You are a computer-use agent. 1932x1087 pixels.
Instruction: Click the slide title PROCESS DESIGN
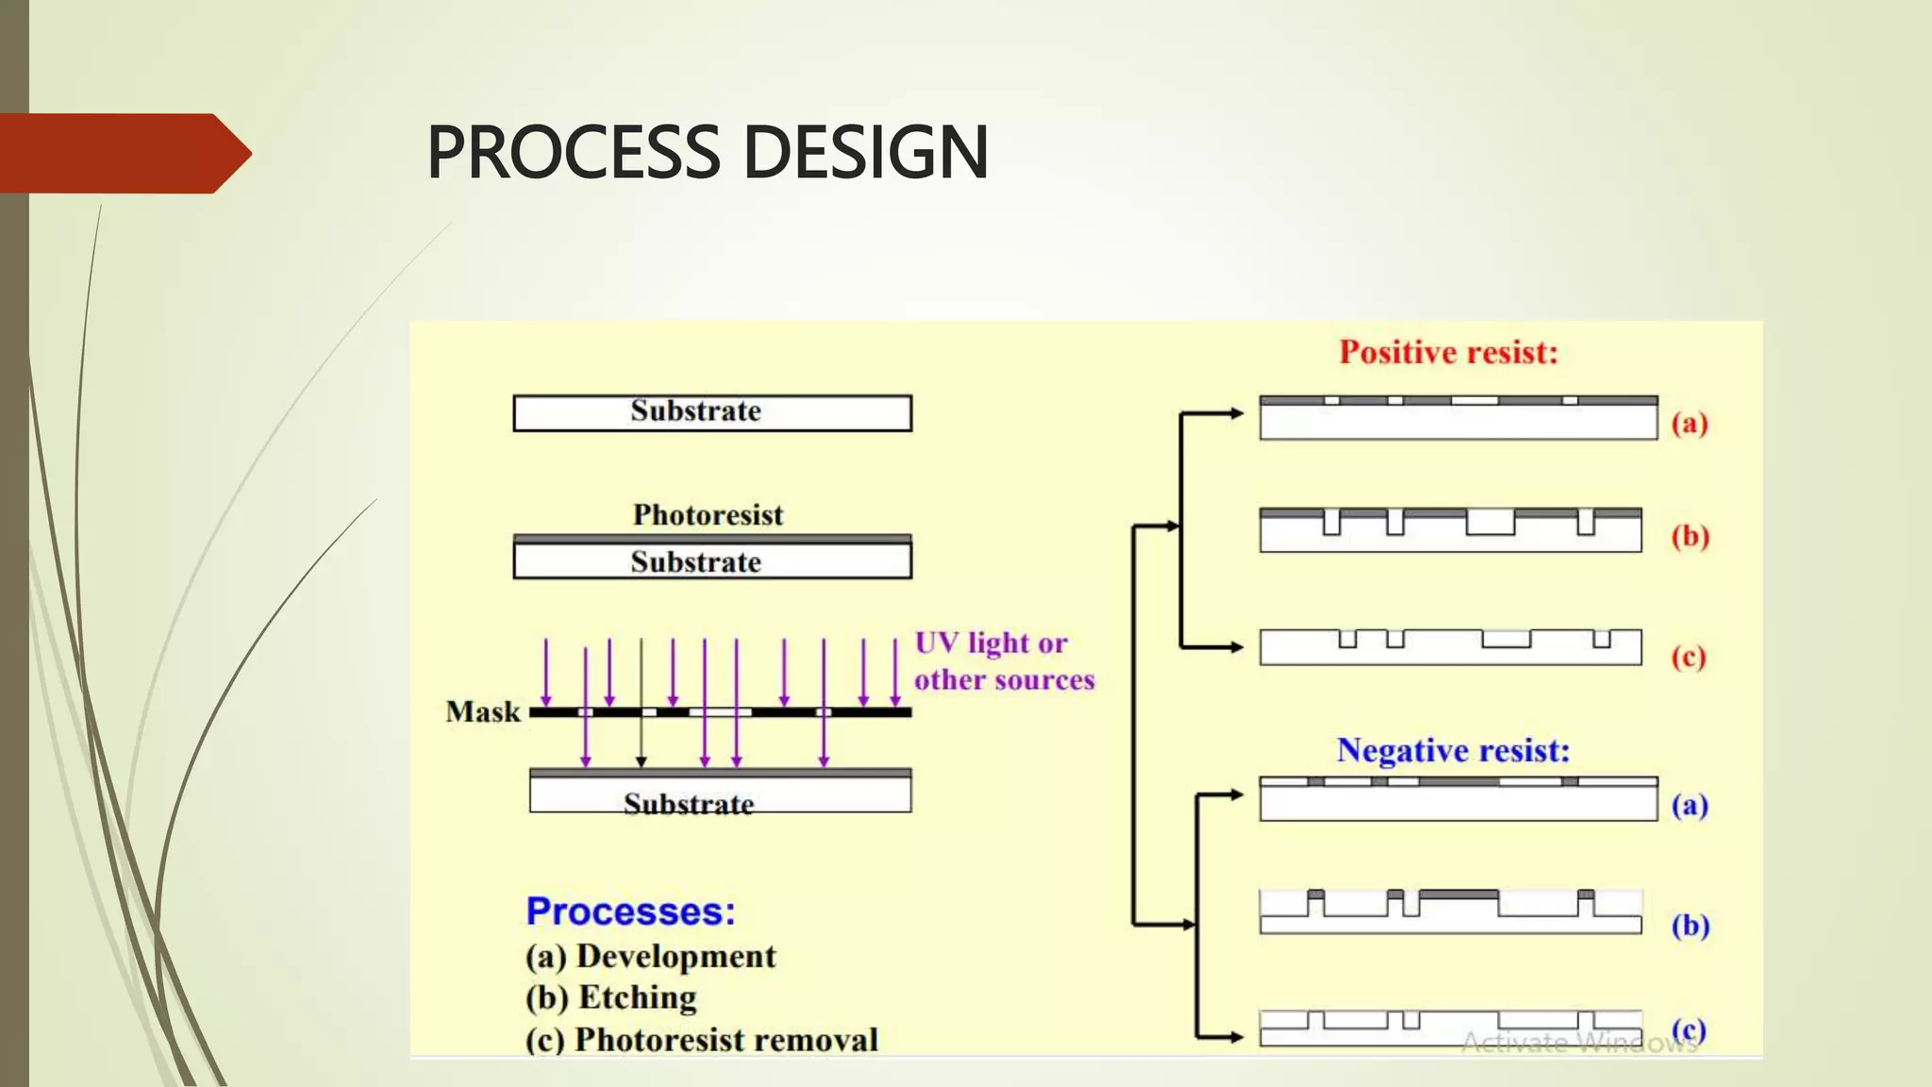pyautogui.click(x=708, y=153)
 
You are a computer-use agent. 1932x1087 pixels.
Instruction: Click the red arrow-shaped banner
pyautogui.click(x=123, y=154)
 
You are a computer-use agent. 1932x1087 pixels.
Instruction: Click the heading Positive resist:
pyautogui.click(x=1448, y=353)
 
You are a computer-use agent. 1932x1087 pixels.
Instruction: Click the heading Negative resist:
pyautogui.click(x=1453, y=751)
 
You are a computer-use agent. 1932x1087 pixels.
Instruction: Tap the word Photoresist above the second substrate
pyautogui.click(x=708, y=515)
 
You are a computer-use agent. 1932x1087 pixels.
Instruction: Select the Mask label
pyautogui.click(x=482, y=711)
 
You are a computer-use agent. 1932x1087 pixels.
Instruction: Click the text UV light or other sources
pyautogui.click(x=1003, y=661)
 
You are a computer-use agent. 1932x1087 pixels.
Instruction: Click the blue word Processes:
pyautogui.click(x=630, y=911)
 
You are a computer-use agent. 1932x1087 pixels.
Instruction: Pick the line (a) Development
pyautogui.click(x=651, y=957)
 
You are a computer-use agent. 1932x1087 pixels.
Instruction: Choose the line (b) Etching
pyautogui.click(x=611, y=998)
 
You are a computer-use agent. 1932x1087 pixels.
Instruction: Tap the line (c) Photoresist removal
pyautogui.click(x=702, y=1040)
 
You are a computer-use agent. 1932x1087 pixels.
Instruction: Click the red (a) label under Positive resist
pyautogui.click(x=1690, y=423)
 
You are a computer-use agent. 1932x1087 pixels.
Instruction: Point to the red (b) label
pyautogui.click(x=1690, y=536)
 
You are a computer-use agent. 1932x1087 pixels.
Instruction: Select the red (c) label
pyautogui.click(x=1689, y=657)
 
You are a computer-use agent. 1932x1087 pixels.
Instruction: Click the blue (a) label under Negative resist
pyautogui.click(x=1690, y=805)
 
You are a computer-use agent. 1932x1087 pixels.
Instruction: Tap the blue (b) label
pyautogui.click(x=1690, y=926)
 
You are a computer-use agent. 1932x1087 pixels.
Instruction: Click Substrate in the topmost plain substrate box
pyautogui.click(x=695, y=411)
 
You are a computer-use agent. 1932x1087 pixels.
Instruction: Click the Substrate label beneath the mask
pyautogui.click(x=689, y=804)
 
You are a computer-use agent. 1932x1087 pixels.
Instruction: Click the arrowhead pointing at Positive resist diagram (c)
pyautogui.click(x=1236, y=647)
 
